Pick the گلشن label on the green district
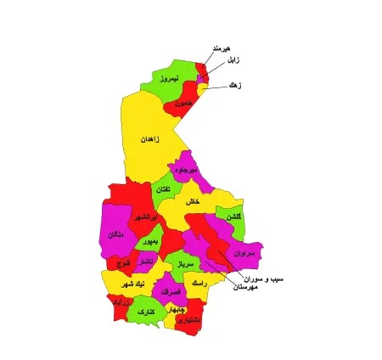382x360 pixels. (234, 217)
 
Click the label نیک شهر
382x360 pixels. (132, 283)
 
